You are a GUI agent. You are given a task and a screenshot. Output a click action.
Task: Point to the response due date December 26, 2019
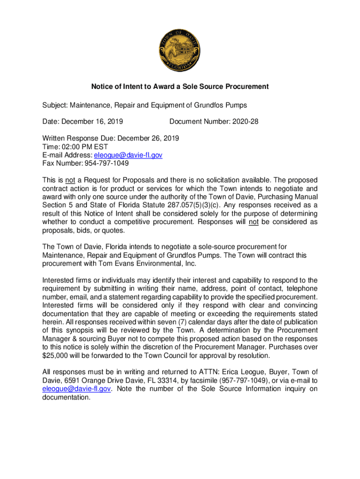pyautogui.click(x=148, y=138)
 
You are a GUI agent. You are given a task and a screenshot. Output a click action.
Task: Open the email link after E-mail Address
pyautogui.click(x=128, y=155)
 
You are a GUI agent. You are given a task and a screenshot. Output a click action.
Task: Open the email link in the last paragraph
pyautogui.click(x=76, y=389)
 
